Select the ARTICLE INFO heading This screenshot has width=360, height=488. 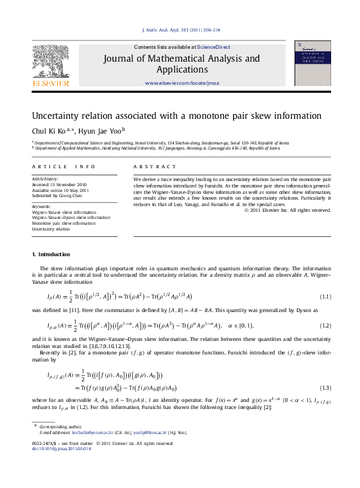64,166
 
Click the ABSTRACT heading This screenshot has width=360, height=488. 146,166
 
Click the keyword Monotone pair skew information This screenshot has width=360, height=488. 64,223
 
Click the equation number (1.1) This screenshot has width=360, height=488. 325,296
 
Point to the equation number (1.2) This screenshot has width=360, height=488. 325,326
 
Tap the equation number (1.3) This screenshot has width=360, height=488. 325,388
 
